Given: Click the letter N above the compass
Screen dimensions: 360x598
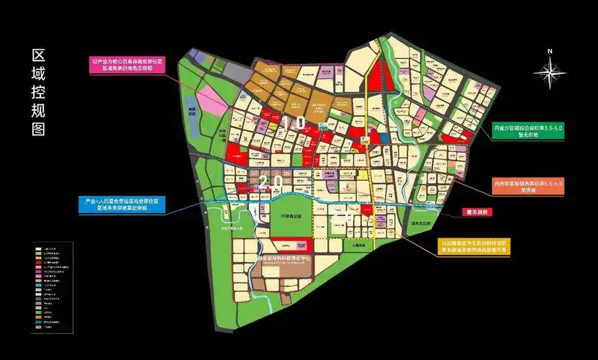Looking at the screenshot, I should [549, 51].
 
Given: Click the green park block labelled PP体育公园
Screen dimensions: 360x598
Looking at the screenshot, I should [290, 220].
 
